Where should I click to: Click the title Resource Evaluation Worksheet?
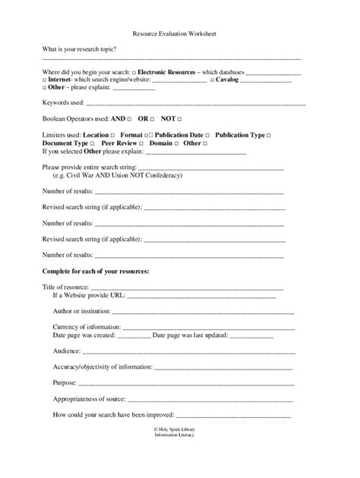tap(179, 34)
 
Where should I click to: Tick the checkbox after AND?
tap(130, 119)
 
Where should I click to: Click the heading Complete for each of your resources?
tap(95, 271)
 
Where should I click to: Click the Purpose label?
tap(65, 383)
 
